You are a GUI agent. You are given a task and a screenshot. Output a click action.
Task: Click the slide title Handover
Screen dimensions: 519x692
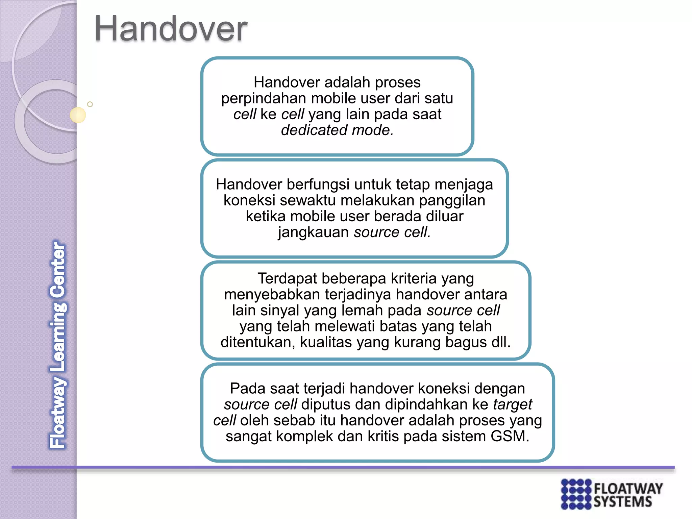[x=171, y=29]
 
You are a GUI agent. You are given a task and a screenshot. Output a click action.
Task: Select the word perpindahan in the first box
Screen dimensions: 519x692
[x=264, y=99]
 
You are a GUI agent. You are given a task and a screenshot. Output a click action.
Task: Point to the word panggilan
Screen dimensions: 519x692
[x=452, y=201]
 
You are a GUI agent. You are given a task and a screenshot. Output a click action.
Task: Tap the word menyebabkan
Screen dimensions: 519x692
[x=272, y=295]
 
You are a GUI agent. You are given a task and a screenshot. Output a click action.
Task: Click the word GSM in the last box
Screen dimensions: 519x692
[x=510, y=436]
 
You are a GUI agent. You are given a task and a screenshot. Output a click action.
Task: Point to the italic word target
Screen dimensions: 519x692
[x=512, y=405]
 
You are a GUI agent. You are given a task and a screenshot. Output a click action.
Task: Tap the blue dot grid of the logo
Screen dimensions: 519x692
[x=576, y=494]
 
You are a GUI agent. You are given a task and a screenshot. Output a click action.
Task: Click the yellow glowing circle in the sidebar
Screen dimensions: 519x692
[x=78, y=115]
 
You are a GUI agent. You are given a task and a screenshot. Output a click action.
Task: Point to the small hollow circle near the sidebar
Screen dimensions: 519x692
[x=90, y=104]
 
